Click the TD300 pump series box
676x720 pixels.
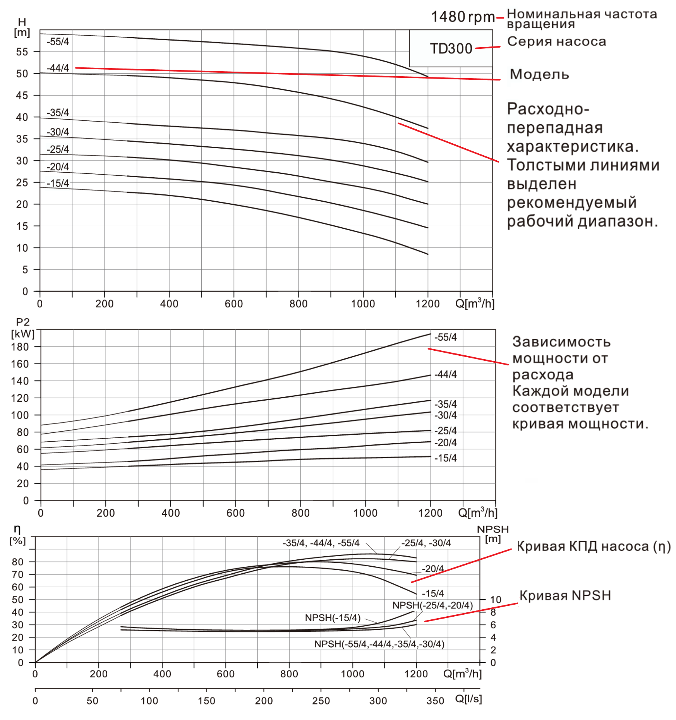pos(451,49)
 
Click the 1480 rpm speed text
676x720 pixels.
pos(463,17)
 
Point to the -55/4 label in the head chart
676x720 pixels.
pos(58,42)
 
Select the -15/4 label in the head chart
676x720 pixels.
pos(58,183)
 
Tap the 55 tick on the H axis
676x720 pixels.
pos(22,52)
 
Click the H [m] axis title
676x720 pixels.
pos(22,27)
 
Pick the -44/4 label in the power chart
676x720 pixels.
pos(446,374)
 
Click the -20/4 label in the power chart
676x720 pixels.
pos(446,442)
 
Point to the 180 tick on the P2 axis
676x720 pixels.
pos(20,347)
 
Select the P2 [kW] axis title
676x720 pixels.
pos(23,328)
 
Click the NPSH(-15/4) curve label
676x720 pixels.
pos(333,618)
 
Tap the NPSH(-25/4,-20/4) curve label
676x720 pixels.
pos(432,605)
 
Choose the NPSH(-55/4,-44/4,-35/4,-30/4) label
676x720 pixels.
pos(379,644)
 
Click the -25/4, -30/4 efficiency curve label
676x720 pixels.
pos(426,543)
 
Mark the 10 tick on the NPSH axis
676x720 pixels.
pos(496,600)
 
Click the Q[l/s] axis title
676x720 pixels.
pos(468,699)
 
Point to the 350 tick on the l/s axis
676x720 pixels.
pos(435,701)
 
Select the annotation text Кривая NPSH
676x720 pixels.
pos(565,595)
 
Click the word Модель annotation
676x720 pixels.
pos(539,74)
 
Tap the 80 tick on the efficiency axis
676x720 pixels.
pos(18,562)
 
